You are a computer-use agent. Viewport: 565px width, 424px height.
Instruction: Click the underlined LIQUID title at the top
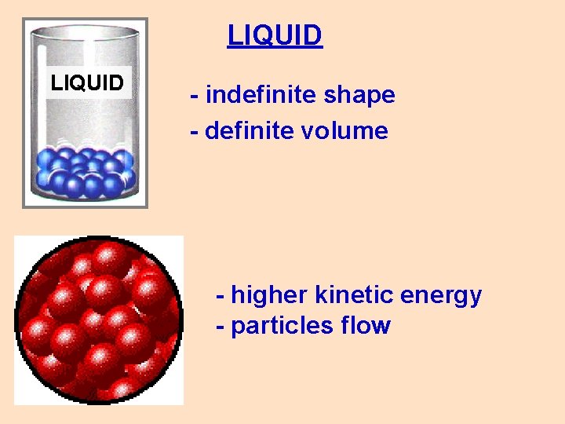coord(275,35)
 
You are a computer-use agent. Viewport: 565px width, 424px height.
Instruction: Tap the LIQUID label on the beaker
coord(87,82)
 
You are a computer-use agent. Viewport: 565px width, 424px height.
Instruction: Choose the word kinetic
coord(353,295)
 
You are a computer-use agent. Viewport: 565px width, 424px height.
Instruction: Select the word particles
coord(282,325)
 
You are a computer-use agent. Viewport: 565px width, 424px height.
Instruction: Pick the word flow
coord(366,325)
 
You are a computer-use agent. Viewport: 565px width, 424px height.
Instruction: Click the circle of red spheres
coord(99,320)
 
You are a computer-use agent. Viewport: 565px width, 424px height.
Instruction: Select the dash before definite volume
coord(194,131)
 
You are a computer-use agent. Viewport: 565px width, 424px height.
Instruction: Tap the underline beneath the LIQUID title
coord(275,48)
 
